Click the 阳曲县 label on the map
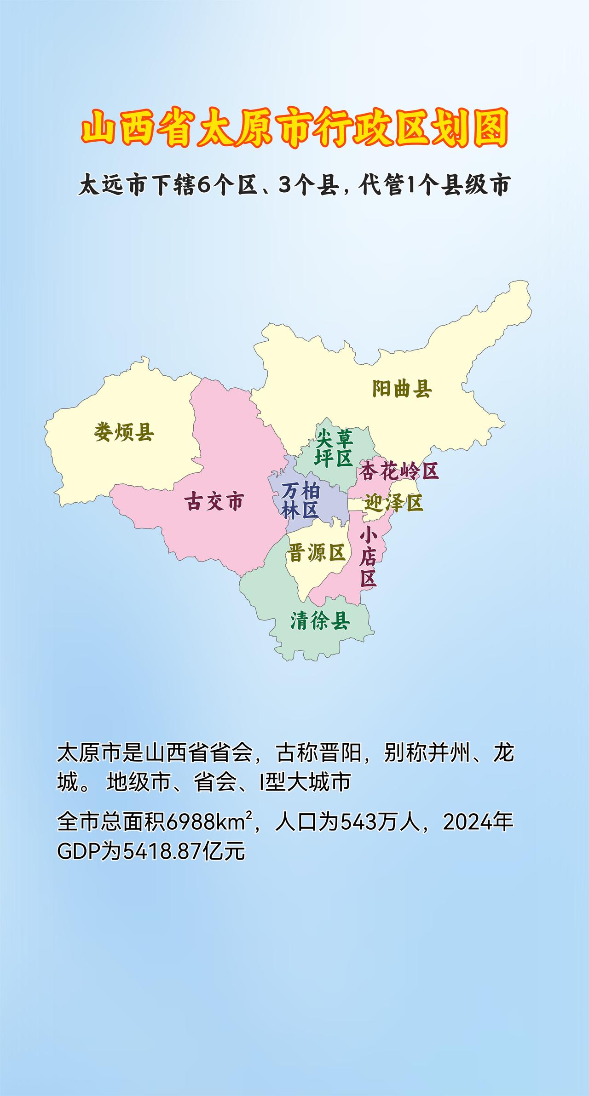(402, 389)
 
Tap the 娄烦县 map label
(124, 432)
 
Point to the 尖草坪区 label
(334, 448)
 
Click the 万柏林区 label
(301, 501)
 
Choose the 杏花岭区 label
(398, 471)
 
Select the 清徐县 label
(320, 621)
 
